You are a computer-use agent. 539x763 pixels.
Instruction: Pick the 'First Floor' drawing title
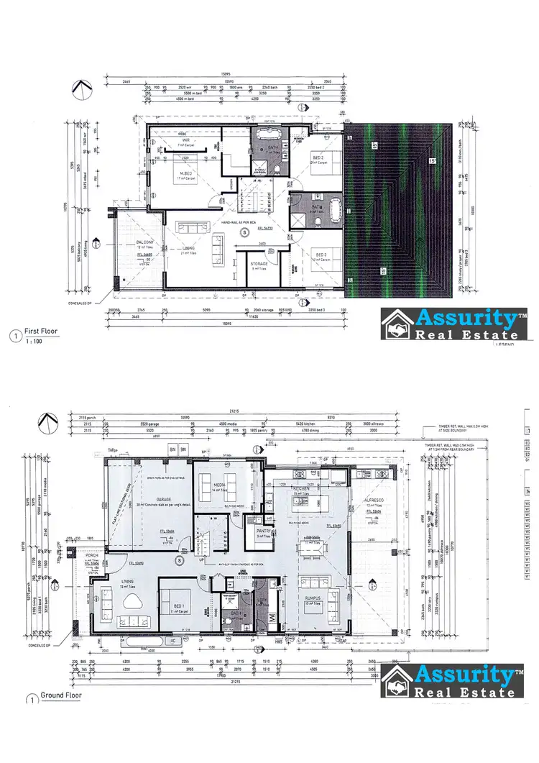(42, 332)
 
